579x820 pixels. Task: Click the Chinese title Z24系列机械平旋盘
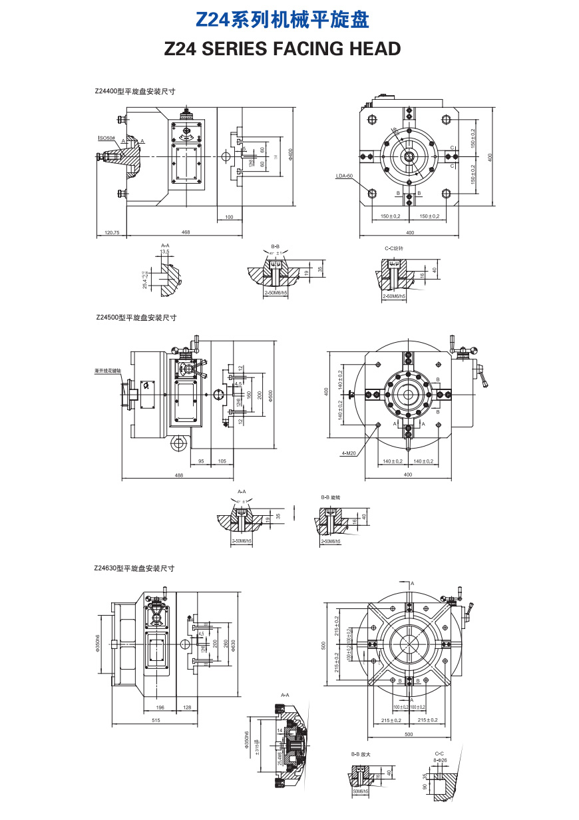coord(282,20)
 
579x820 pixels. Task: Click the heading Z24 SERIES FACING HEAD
coord(282,49)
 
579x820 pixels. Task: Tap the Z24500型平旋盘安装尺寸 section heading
coord(136,317)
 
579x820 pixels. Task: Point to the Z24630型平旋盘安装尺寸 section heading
coord(134,568)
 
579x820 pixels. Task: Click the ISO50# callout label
coord(106,138)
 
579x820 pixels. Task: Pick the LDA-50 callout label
coord(345,176)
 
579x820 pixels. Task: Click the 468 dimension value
coord(186,232)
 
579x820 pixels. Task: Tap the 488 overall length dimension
coord(178,475)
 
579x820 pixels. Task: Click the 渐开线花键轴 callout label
coord(108,369)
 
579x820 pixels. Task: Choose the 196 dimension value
coord(160,707)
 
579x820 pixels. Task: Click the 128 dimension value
coord(186,707)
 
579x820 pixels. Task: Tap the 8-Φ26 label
coord(439,760)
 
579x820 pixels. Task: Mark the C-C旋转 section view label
coord(394,248)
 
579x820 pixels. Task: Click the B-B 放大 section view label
coord(361,754)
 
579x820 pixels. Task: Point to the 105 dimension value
coord(222,461)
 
